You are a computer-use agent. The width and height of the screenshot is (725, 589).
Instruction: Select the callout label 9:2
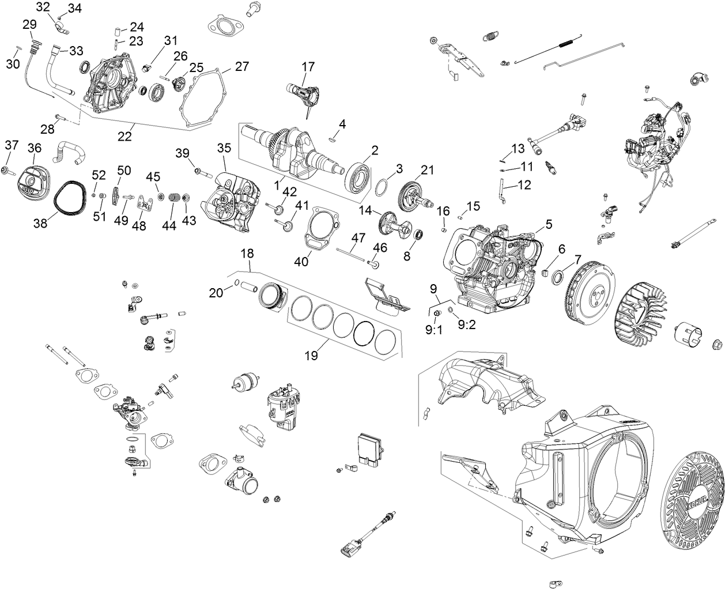466,324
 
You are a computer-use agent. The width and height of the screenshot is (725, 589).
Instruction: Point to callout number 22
124,137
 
